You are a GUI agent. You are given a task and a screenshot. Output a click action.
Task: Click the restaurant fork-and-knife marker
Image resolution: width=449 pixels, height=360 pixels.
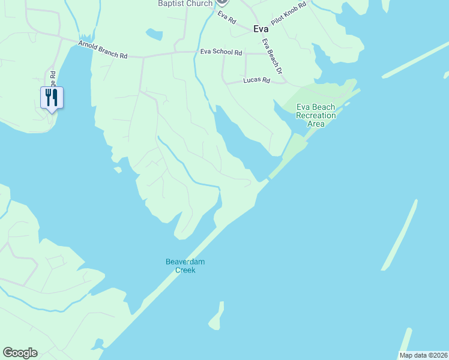click(52, 97)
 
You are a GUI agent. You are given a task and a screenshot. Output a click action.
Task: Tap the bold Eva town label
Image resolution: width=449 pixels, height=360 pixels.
click(261, 29)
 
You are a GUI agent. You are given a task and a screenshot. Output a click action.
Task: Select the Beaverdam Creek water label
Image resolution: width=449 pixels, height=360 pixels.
click(181, 265)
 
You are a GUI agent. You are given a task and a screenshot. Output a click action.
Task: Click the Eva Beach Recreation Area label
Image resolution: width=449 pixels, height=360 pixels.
click(316, 115)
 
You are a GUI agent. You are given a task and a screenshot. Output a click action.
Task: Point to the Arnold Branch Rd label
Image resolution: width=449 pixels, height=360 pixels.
click(103, 50)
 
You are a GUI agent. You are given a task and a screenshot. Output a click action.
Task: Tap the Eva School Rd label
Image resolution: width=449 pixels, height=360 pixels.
click(220, 52)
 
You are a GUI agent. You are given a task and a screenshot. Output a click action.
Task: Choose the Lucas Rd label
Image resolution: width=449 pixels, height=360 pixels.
click(256, 80)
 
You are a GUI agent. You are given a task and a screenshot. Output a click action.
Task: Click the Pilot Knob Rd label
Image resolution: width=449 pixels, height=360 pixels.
click(289, 13)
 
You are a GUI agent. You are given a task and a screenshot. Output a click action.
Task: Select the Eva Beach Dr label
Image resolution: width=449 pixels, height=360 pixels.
click(273, 57)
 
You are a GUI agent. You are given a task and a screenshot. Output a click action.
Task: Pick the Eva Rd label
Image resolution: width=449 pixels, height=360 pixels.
click(227, 17)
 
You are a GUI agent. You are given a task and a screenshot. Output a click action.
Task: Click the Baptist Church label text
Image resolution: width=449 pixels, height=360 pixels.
click(185, 4)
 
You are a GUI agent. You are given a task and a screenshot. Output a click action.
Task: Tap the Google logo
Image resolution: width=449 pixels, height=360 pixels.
click(20, 353)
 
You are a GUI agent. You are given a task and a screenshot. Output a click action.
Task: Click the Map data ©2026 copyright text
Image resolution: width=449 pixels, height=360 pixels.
click(423, 355)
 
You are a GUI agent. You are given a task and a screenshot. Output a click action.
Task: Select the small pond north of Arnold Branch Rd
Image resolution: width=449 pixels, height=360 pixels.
click(154, 34)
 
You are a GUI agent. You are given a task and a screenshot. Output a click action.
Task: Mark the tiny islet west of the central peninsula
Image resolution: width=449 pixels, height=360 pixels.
click(118, 170)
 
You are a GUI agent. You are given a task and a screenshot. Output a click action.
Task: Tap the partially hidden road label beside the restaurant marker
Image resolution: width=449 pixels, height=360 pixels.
click(53, 79)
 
